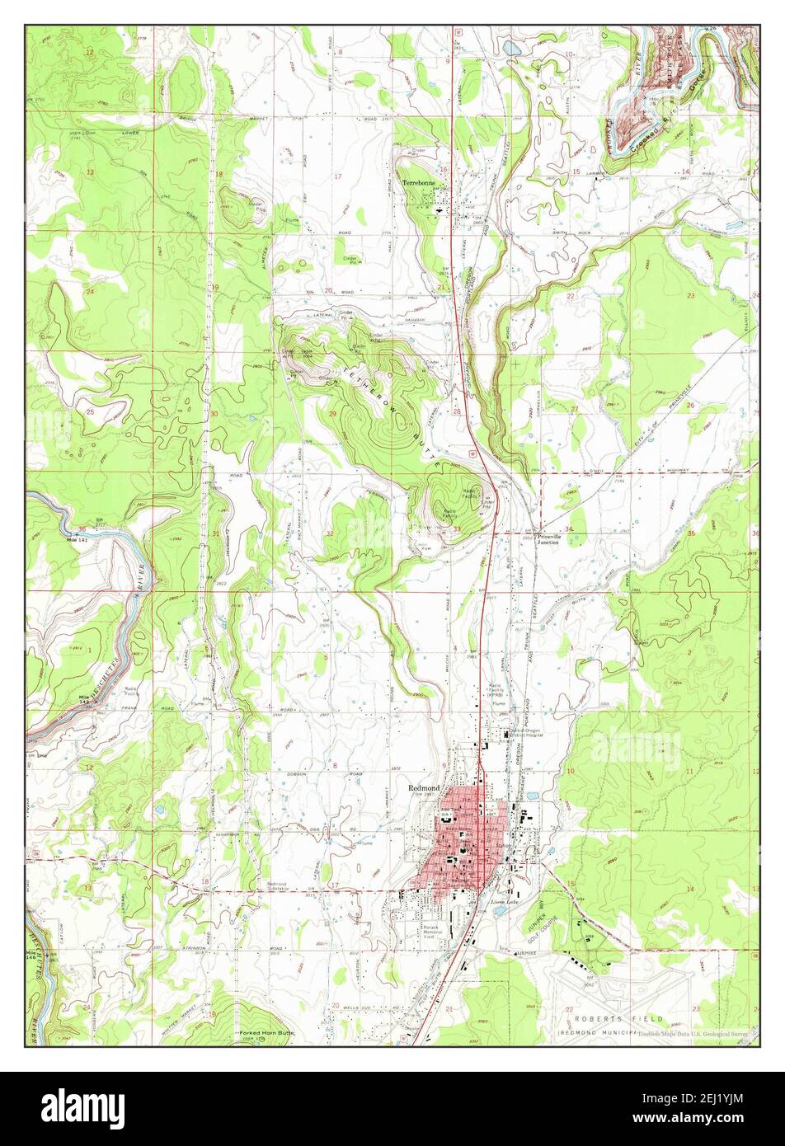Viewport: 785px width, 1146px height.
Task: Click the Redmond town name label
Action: (423, 787)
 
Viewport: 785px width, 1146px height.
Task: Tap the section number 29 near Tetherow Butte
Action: (332, 413)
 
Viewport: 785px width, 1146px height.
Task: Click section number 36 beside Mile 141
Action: (82, 528)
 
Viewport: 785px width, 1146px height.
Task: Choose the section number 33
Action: (456, 528)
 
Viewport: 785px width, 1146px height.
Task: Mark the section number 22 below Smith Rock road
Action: (570, 295)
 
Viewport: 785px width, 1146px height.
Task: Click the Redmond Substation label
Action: (280, 887)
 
